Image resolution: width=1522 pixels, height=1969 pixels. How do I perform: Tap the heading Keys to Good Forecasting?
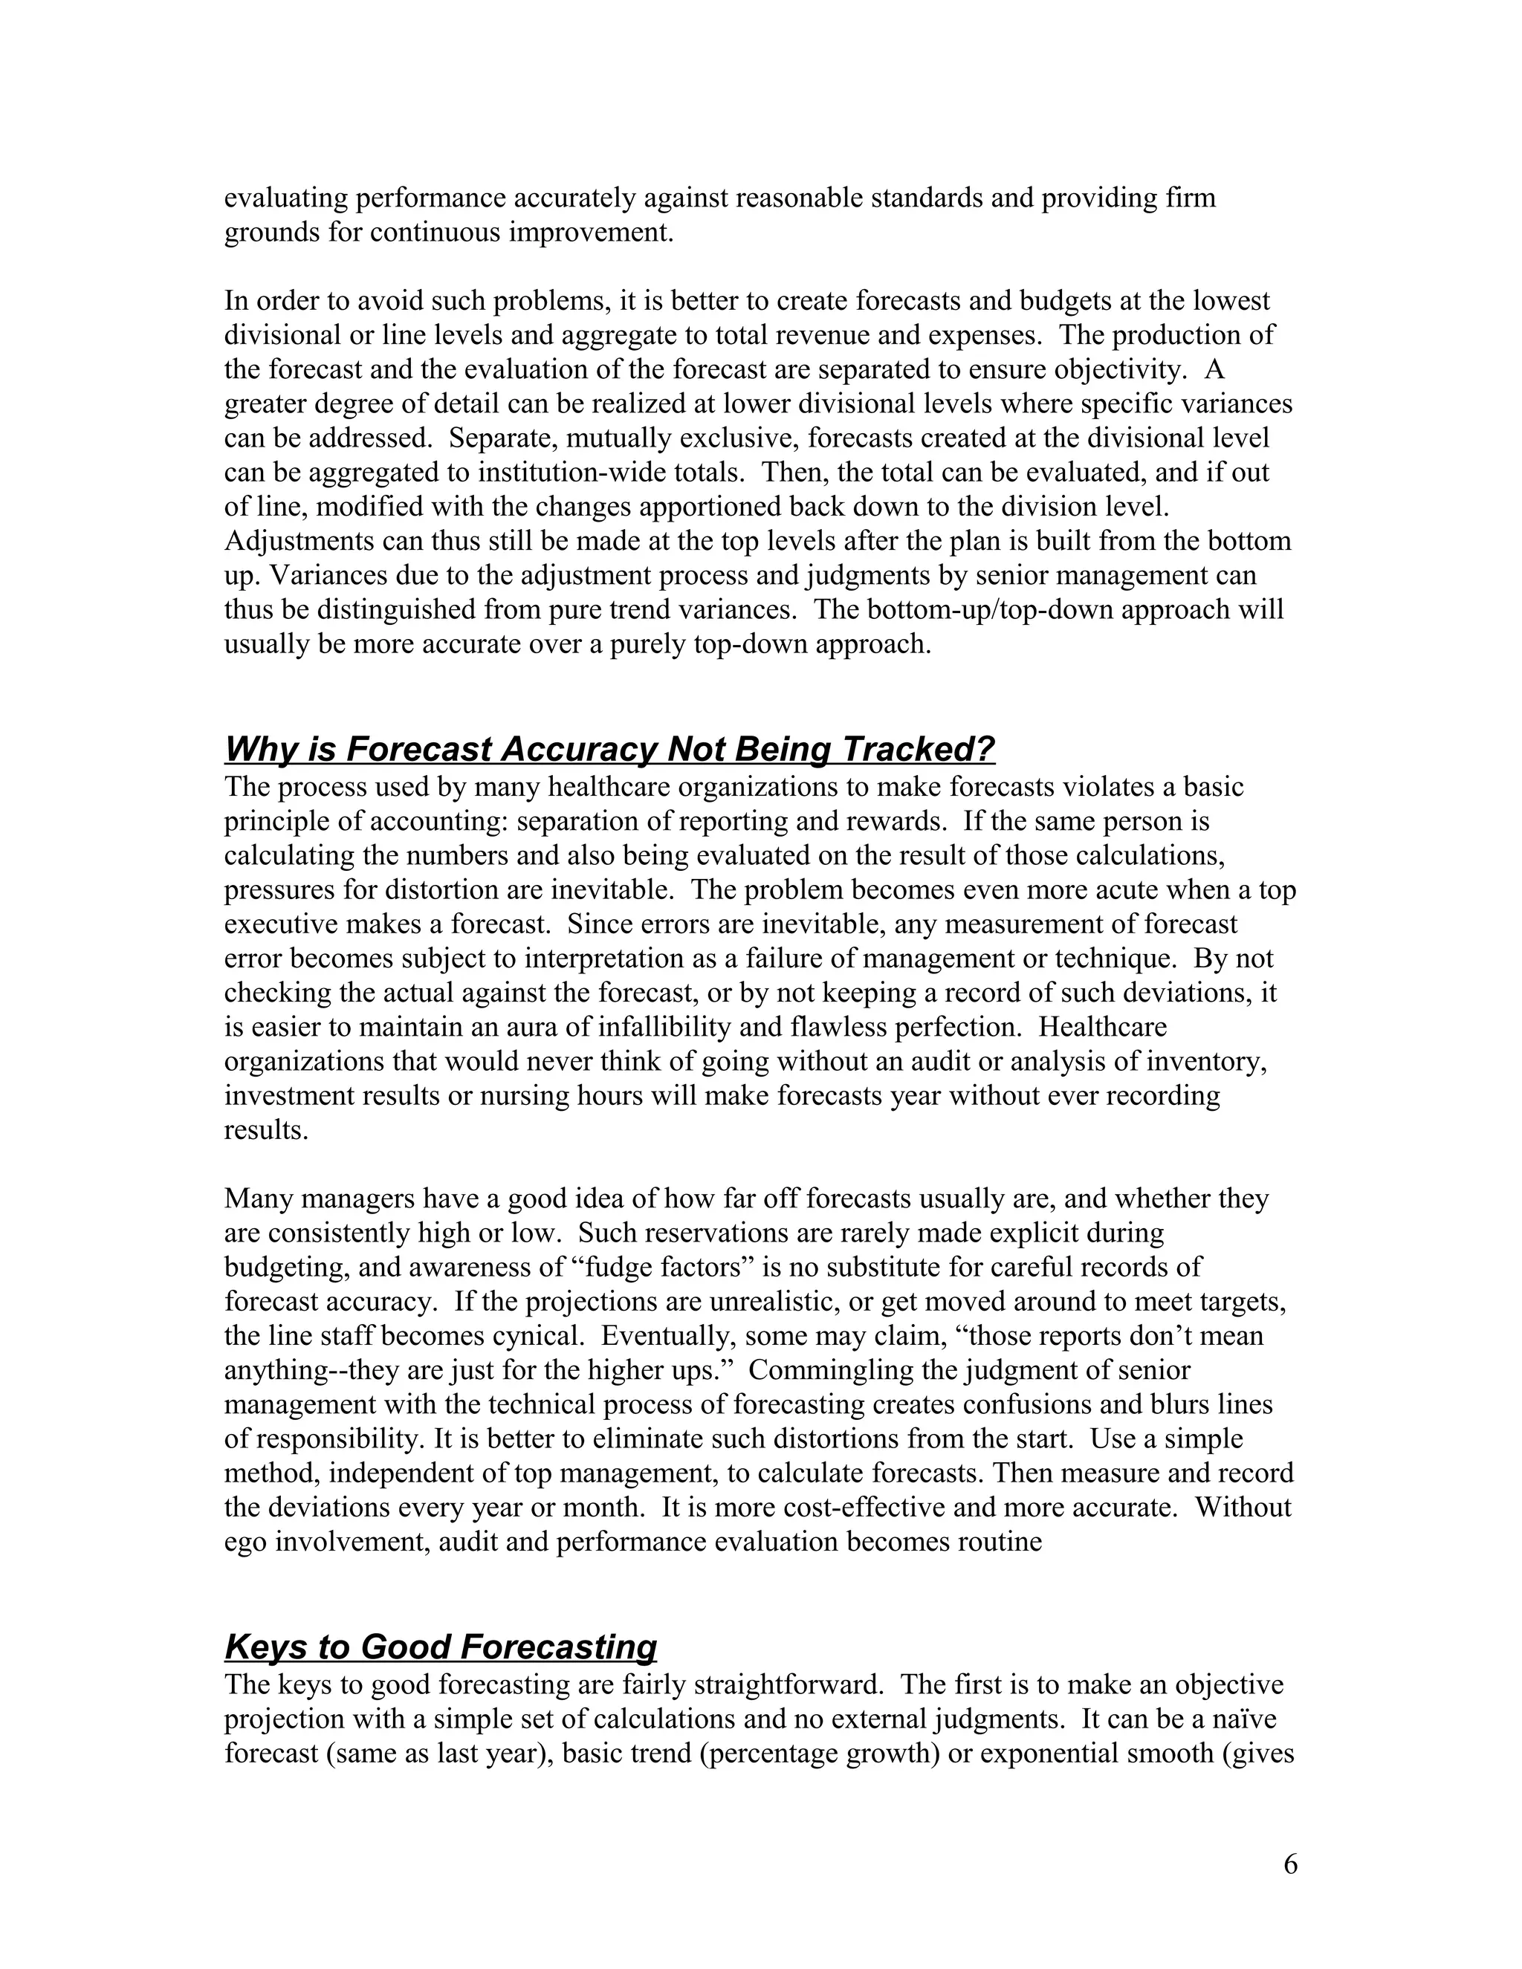coord(440,1647)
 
